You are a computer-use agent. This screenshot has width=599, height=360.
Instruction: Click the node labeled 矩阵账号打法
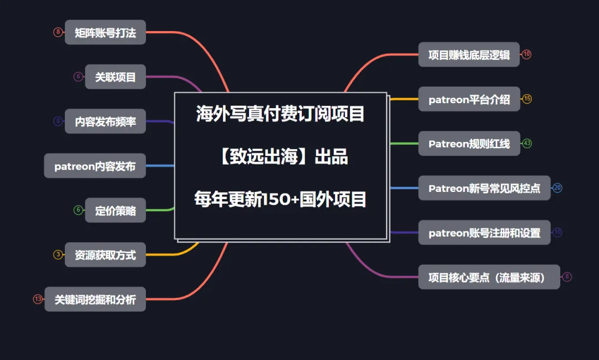[x=105, y=32]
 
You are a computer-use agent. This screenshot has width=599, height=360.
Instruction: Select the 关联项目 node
[x=115, y=77]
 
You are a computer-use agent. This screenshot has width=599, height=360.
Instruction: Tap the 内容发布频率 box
[x=105, y=121]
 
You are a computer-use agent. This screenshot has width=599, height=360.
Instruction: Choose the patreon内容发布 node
[x=95, y=166]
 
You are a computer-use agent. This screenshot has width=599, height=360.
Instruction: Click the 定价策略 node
[x=115, y=210]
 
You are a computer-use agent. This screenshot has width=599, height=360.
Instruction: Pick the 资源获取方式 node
[x=105, y=255]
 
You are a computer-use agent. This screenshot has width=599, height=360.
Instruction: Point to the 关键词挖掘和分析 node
[x=95, y=300]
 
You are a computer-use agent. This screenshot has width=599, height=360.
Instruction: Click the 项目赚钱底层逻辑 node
[x=469, y=54]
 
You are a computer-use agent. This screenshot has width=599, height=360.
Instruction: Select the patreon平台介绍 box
[x=469, y=99]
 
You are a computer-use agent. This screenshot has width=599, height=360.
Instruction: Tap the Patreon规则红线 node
[x=469, y=144]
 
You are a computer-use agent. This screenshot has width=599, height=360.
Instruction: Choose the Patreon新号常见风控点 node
[x=484, y=188]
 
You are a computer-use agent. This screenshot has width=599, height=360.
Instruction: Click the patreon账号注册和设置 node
[x=484, y=233]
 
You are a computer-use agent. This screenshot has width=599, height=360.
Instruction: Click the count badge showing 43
[x=527, y=144]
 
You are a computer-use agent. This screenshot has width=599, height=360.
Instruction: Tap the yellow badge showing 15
[x=527, y=99]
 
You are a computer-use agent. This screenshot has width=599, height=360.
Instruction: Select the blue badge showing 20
[x=557, y=188]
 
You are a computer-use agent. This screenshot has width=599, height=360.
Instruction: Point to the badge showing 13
[x=38, y=300]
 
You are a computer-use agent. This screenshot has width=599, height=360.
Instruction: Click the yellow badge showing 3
[x=58, y=255]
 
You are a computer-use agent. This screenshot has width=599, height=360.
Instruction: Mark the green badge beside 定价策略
[x=78, y=210]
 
